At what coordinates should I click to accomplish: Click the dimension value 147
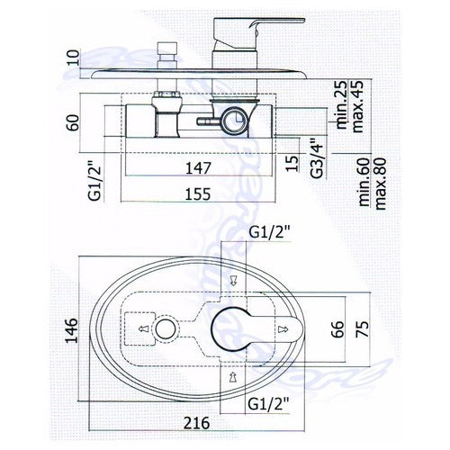[198, 168]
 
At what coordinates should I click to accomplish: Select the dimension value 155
[198, 194]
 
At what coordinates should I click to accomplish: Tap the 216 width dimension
[196, 423]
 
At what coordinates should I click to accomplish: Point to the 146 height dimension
[72, 330]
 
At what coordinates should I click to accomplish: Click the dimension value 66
[338, 329]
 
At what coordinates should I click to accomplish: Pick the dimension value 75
[362, 329]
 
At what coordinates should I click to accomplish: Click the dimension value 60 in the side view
[73, 122]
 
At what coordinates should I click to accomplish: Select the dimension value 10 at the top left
[73, 58]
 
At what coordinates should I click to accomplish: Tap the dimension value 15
[292, 163]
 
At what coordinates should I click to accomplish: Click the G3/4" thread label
[317, 158]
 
